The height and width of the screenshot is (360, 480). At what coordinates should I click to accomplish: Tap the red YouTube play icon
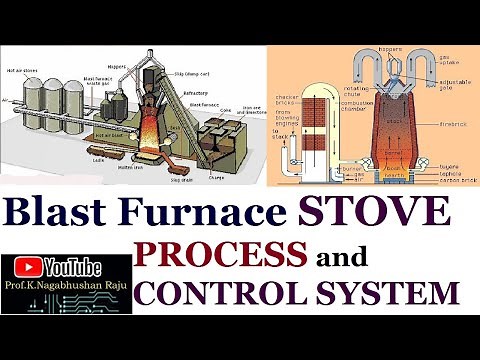pos(27,269)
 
